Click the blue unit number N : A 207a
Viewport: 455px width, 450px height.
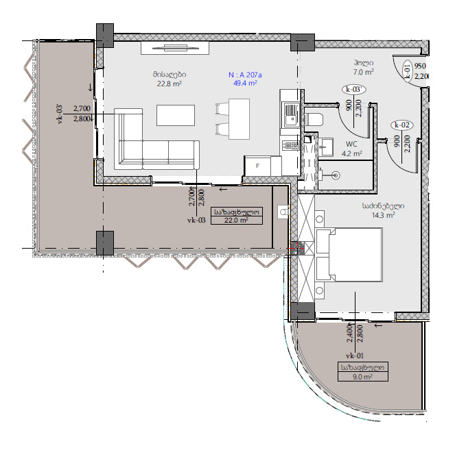245,75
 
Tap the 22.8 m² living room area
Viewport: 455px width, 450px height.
170,84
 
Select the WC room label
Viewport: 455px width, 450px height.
351,145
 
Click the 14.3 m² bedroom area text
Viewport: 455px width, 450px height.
384,215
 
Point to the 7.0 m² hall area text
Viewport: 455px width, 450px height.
363,72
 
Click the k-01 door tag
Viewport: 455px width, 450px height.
407,71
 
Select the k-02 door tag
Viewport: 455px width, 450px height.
402,125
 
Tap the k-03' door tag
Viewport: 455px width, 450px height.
353,90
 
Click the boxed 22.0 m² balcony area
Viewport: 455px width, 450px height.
237,220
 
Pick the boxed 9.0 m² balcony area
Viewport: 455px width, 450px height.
363,377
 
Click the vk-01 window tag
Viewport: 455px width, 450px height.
355,355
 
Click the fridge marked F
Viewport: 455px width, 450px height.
257,166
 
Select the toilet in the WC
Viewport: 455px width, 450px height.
314,119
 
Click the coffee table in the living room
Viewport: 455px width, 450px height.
176,115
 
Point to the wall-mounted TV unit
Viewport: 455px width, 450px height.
175,48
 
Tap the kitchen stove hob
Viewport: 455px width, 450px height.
290,145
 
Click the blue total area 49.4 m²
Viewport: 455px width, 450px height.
245,84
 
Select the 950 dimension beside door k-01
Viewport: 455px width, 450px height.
420,66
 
